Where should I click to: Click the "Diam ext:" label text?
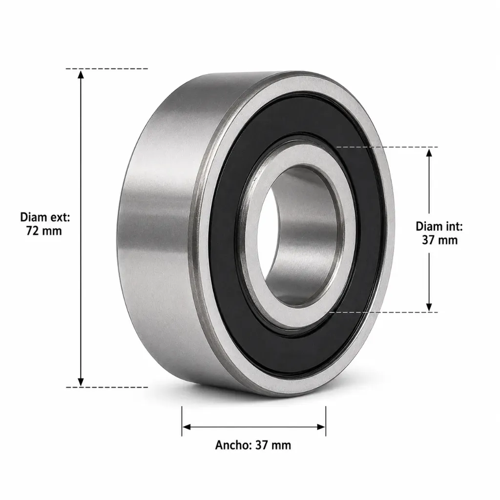coord(45,217)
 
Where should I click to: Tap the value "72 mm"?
coord(44,230)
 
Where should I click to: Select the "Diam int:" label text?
coord(439,227)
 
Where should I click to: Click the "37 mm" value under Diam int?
coord(440,240)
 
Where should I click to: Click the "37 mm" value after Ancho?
coord(273,445)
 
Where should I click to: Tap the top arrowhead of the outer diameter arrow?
coord(81,75)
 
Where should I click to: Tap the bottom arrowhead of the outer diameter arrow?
coord(81,381)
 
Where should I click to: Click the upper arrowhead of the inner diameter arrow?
coord(429,153)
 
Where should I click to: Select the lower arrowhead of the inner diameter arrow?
coord(429,306)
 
